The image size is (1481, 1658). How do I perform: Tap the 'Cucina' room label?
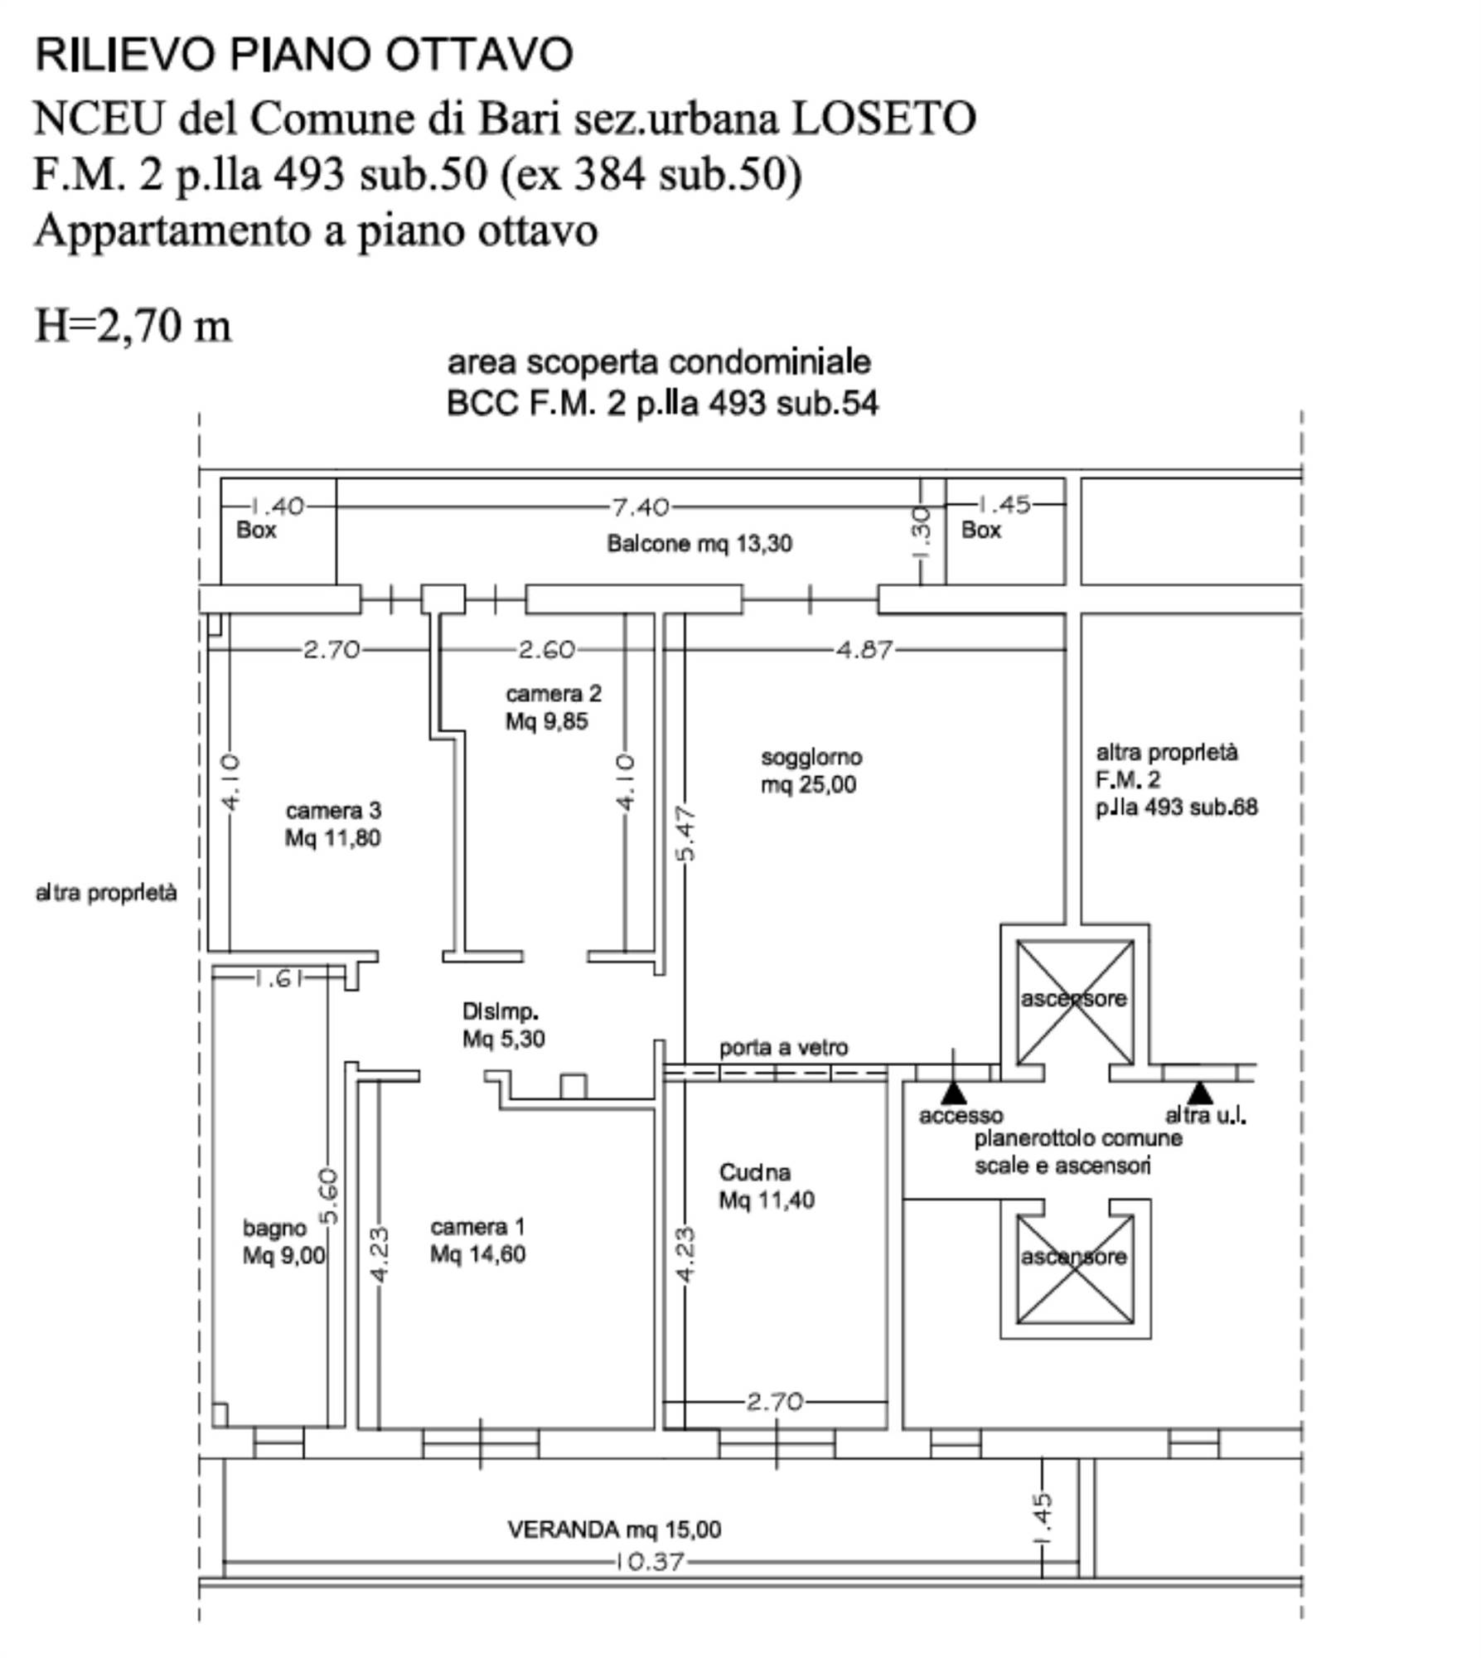(x=754, y=1172)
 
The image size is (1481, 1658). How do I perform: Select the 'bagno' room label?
(x=274, y=1228)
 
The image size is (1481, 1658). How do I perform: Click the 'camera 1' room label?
(x=477, y=1226)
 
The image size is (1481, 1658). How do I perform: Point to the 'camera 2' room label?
(x=553, y=693)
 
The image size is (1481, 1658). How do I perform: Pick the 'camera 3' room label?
(x=333, y=810)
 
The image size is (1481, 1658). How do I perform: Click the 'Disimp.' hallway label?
(x=501, y=1011)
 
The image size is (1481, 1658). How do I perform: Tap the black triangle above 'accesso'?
(x=953, y=1091)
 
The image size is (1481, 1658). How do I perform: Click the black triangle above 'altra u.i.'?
(x=1199, y=1092)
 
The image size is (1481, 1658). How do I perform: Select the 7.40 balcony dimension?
(x=640, y=506)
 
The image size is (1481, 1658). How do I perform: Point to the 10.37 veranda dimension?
(x=650, y=1562)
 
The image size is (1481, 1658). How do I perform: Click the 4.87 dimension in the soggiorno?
(x=864, y=649)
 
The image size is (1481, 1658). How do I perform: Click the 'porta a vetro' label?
(x=783, y=1048)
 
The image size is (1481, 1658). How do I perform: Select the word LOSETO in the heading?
(x=883, y=118)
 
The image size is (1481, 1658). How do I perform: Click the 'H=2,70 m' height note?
(x=133, y=325)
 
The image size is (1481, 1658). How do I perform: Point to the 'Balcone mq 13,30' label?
(x=699, y=544)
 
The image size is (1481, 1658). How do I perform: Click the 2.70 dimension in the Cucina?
(x=774, y=1402)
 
